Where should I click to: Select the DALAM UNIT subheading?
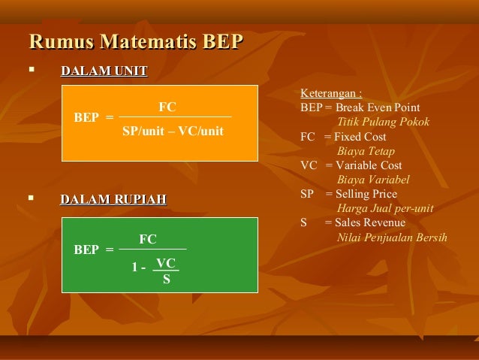[104, 71]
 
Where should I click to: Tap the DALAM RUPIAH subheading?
[113, 199]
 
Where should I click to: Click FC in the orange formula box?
[167, 108]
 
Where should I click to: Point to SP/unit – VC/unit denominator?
[173, 132]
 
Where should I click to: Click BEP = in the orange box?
[94, 118]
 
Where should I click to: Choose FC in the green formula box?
[148, 240]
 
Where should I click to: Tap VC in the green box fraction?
[166, 264]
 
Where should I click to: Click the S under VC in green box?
[166, 281]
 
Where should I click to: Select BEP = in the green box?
[94, 250]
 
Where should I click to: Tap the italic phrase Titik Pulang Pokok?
[383, 122]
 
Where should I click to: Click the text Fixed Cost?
[362, 137]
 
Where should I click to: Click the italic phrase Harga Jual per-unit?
[385, 208]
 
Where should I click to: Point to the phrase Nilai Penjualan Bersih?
[393, 237]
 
